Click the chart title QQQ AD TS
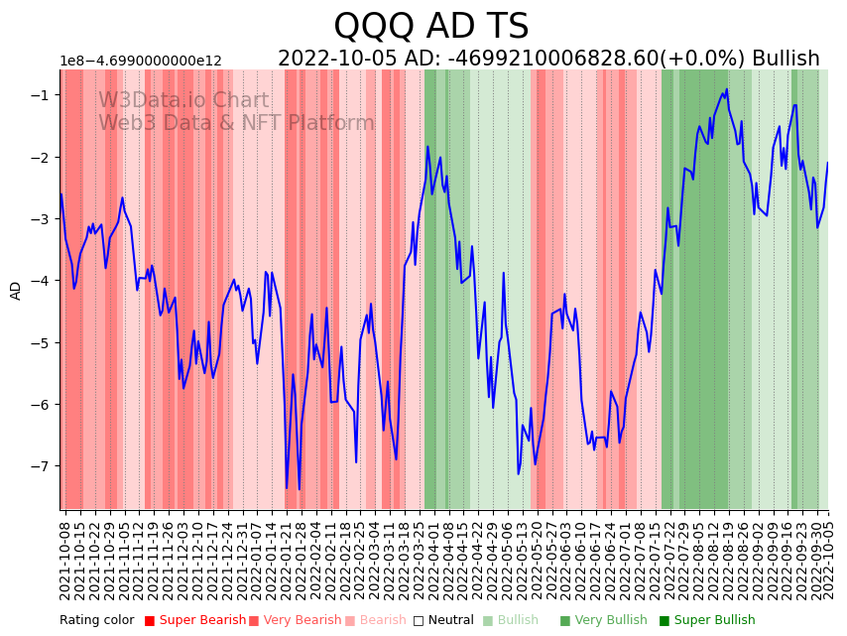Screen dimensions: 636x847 (430, 27)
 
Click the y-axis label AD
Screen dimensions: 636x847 (16, 290)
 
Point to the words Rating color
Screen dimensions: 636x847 (96, 620)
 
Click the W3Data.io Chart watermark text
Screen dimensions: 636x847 (183, 101)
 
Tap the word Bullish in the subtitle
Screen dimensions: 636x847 (786, 59)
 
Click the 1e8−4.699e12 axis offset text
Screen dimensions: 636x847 (141, 61)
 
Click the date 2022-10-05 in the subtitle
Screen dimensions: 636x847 (334, 59)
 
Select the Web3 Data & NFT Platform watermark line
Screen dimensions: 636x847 (236, 123)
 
